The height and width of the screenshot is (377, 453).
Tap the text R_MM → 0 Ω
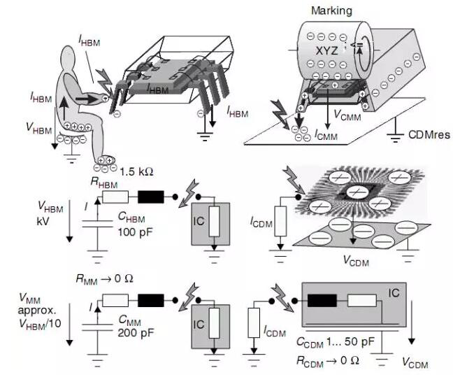tap(106, 278)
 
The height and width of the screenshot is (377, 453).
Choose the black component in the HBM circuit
tap(151, 198)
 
